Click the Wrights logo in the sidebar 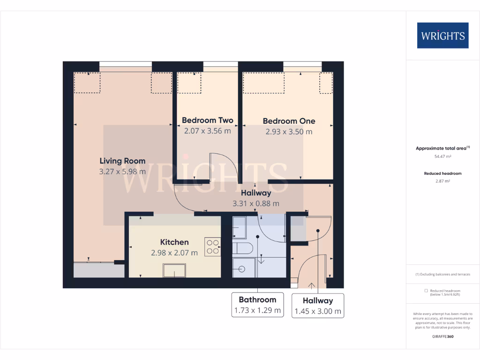click(x=442, y=36)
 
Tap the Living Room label click(x=122, y=161)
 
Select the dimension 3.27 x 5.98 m click(x=122, y=172)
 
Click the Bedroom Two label click(x=207, y=120)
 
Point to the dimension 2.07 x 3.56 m click(x=207, y=131)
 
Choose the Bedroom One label click(x=289, y=121)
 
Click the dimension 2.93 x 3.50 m click(x=289, y=132)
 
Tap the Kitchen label click(x=174, y=242)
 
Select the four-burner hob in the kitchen click(x=212, y=247)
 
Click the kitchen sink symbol click(x=174, y=270)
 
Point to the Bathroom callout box click(x=257, y=305)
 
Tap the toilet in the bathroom click(x=243, y=248)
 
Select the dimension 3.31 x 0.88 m click(x=256, y=203)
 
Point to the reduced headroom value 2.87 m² click(x=442, y=181)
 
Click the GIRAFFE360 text click(x=442, y=337)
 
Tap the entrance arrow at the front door click(x=311, y=284)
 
